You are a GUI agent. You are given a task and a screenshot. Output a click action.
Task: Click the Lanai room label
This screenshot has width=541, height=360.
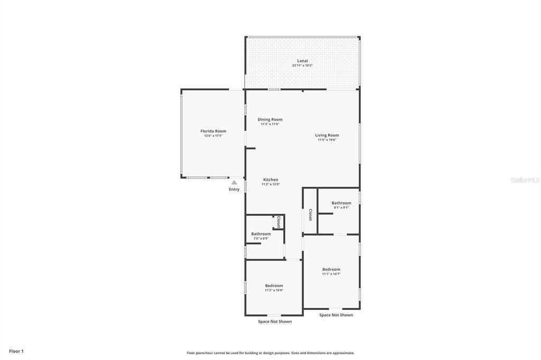[302, 61]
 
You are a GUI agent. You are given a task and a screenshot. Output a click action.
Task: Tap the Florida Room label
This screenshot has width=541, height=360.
[213, 131]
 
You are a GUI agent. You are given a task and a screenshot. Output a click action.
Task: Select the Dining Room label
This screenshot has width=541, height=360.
[270, 119]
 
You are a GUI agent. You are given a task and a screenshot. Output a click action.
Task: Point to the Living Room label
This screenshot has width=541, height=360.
[327, 135]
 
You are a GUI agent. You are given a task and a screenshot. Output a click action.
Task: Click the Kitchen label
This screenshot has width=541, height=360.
[270, 179]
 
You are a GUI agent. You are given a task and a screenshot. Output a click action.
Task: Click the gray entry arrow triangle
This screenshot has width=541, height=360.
[234, 183]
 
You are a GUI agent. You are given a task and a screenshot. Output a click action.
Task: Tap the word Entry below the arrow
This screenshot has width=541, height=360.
[234, 190]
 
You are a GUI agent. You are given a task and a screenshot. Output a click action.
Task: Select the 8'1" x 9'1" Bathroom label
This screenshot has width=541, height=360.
[341, 203]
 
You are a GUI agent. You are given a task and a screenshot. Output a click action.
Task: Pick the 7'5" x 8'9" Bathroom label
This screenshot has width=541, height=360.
[261, 234]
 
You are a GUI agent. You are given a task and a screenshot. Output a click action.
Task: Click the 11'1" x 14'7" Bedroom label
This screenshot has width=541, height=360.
[331, 269]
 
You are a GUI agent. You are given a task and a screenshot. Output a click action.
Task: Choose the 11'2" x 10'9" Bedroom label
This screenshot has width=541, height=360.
[274, 286]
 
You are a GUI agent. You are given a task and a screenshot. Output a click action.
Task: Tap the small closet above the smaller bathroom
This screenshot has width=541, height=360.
[278, 222]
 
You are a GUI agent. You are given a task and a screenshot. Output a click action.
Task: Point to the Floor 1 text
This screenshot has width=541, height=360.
[16, 351]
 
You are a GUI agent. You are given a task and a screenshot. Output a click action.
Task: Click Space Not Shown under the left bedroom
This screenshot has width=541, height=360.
[275, 321]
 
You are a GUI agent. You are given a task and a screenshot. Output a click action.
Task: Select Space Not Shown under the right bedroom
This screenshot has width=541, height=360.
[336, 315]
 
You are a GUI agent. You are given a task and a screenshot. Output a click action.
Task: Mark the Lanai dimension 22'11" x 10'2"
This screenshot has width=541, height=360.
[302, 65]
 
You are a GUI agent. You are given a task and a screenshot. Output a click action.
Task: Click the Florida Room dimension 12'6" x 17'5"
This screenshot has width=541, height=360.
[213, 136]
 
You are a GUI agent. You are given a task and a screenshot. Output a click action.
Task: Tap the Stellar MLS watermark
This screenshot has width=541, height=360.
[525, 180]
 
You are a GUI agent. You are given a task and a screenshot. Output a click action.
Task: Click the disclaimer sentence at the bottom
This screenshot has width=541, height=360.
[270, 353]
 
